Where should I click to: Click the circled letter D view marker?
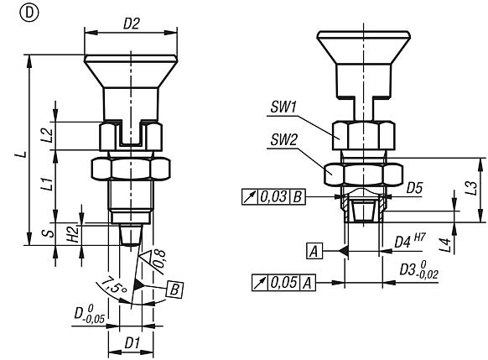pos(10,12)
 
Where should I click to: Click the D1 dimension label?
pos(130,344)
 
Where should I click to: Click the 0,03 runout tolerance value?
pos(273,197)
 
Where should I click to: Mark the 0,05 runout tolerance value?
pos(279,286)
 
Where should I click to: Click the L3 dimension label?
pos(472,190)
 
